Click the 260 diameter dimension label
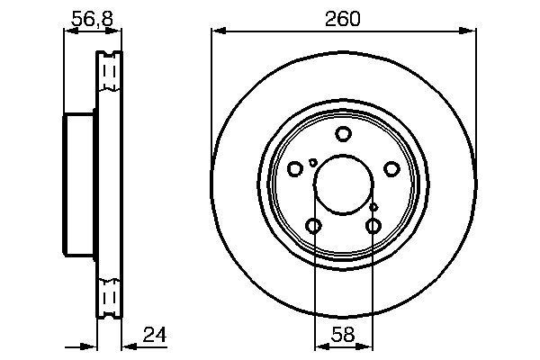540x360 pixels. (344, 18)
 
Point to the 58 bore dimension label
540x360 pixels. (343, 335)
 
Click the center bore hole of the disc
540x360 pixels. (343, 181)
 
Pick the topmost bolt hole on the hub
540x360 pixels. (343, 135)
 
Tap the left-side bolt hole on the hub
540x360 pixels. (295, 168)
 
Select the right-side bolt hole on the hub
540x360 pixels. (391, 168)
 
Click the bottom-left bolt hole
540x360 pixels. (313, 225)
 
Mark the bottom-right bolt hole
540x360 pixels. (373, 225)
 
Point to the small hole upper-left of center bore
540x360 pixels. (312, 163)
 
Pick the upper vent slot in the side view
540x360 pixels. (110, 74)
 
